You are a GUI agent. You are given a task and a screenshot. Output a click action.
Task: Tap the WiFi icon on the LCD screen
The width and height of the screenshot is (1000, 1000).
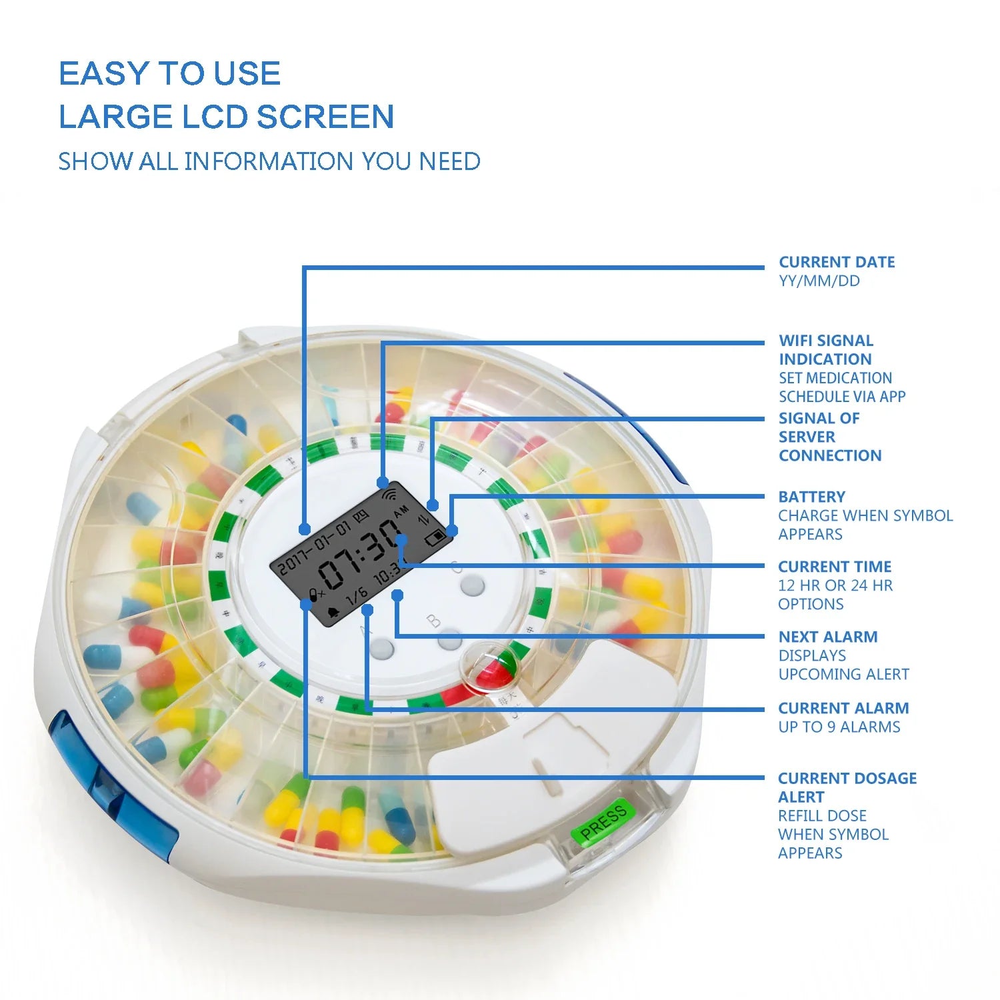pos(389,495)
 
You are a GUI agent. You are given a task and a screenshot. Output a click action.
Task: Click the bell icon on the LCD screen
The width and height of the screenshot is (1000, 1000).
pos(333,611)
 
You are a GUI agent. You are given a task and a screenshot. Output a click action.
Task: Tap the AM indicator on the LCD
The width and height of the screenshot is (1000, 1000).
pos(401,512)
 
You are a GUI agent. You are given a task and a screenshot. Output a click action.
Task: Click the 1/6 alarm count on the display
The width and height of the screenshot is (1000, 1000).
pos(357,595)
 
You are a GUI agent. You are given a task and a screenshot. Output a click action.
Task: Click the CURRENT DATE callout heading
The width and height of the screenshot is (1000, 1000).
pos(837,262)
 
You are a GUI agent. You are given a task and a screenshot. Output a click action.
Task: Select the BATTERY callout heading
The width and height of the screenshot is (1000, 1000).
pos(811,497)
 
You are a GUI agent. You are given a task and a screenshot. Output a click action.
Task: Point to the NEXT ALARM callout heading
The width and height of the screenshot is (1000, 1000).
pos(827,637)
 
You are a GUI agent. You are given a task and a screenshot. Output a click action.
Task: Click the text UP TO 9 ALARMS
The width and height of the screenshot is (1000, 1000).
pos(839,727)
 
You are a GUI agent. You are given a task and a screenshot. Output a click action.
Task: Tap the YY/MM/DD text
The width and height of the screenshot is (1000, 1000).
pos(819,281)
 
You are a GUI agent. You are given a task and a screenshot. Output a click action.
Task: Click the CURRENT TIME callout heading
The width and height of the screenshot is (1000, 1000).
pos(834,567)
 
